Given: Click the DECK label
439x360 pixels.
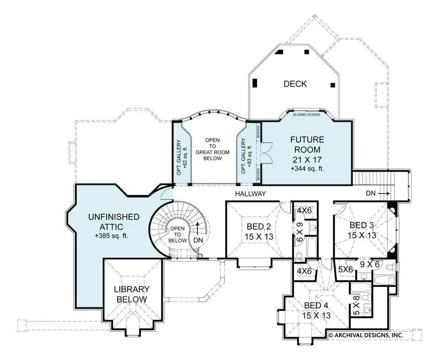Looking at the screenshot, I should click(x=295, y=84).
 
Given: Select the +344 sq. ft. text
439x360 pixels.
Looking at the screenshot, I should click(x=306, y=168).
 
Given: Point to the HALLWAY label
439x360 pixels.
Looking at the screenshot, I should click(x=250, y=193).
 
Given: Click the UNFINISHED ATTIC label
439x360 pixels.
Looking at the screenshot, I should click(x=114, y=221).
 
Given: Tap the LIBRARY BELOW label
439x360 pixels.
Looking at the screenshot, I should click(x=132, y=294).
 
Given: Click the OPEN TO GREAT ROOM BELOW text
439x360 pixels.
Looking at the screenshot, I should click(x=213, y=149).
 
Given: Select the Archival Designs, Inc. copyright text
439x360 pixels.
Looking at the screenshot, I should click(x=366, y=335).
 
